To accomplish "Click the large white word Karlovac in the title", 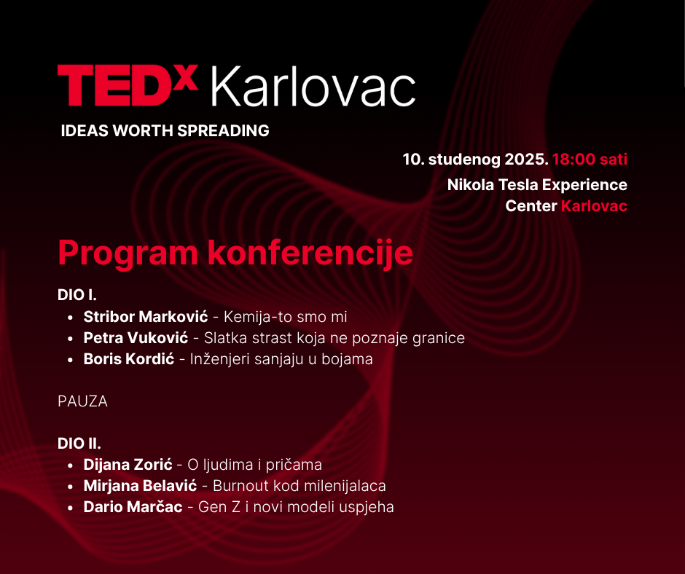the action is (313, 87).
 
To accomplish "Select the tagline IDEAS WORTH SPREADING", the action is (165, 130).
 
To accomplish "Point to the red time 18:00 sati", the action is (590, 159).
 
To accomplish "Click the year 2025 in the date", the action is (526, 159).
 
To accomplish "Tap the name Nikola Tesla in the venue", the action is (493, 184).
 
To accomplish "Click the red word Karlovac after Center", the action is (594, 205).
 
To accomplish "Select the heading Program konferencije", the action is (235, 253).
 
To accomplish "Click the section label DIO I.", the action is (77, 295).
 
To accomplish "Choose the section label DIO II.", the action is (79, 444).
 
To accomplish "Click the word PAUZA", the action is (82, 401).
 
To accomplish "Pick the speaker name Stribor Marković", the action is (146, 317).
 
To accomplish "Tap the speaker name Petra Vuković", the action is (136, 338).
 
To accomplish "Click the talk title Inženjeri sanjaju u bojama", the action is (281, 359).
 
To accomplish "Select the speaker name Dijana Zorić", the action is (128, 464).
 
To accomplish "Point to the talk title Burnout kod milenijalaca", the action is (300, 486).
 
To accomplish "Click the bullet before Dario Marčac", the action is (71, 508).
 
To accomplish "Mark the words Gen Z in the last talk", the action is (219, 507).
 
